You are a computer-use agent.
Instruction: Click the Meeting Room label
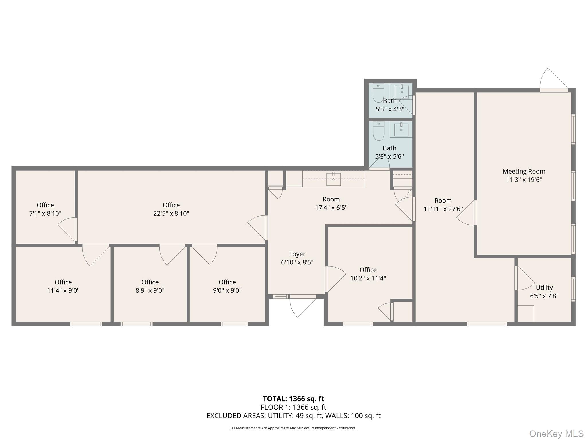tap(524, 171)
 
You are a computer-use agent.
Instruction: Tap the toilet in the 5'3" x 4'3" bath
tap(378, 93)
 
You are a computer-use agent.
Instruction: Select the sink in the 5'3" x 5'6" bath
tap(401, 130)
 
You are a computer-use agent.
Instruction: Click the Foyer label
tap(297, 254)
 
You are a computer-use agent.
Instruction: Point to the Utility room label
tap(544, 288)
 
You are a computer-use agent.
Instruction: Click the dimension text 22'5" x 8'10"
tap(171, 213)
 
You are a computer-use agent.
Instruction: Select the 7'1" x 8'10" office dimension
tap(45, 213)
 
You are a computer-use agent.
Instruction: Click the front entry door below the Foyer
tap(303, 307)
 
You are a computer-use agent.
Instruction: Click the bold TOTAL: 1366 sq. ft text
tap(293, 399)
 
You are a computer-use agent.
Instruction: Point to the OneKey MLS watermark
tap(556, 434)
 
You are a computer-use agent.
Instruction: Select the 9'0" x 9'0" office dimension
tap(227, 290)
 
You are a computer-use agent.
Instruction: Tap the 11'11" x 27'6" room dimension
tap(443, 209)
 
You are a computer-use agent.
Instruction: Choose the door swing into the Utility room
tap(525, 278)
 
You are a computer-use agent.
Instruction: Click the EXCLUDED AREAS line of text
tap(293, 416)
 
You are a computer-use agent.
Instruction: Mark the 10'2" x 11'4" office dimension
tap(368, 278)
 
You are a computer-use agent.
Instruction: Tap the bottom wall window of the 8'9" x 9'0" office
tap(136, 324)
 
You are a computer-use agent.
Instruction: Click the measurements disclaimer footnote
tap(293, 428)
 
